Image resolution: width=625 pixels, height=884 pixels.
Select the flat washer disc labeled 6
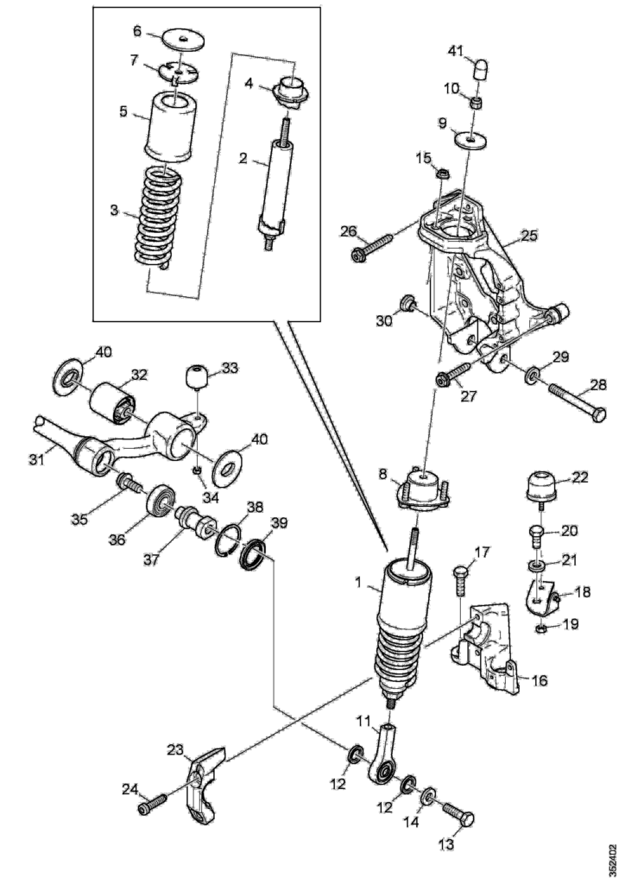[184, 40]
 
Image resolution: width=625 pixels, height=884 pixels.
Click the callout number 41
[455, 51]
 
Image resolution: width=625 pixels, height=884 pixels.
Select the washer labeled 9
[470, 138]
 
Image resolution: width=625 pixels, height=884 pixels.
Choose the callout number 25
[529, 234]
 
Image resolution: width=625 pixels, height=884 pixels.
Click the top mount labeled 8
[422, 487]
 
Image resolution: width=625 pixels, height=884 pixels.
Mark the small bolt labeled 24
[153, 805]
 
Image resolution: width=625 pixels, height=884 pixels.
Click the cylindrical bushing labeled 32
[113, 404]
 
